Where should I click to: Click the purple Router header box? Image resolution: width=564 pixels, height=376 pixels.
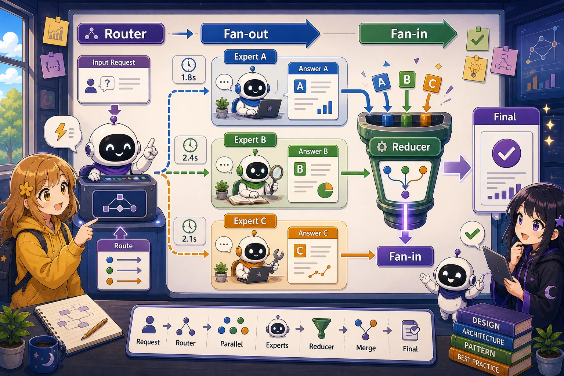(121, 34)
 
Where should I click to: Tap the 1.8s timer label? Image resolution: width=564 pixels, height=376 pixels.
(189, 77)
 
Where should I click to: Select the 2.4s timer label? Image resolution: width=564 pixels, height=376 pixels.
(190, 158)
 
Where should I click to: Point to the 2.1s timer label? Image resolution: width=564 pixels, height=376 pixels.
(189, 239)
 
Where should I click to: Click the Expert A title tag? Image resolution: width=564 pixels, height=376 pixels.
(250, 57)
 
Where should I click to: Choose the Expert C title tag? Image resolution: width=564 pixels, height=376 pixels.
(250, 221)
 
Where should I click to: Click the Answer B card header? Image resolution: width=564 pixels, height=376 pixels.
(313, 151)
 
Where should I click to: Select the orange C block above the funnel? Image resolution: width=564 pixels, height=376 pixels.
(432, 83)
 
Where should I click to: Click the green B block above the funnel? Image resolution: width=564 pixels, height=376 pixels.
(407, 79)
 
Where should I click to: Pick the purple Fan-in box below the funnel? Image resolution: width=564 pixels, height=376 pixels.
(405, 256)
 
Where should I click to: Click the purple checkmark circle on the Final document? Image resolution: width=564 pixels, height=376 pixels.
(506, 153)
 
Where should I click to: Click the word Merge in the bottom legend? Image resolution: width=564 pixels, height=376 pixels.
(366, 348)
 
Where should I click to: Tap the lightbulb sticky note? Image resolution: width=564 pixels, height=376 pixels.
(475, 69)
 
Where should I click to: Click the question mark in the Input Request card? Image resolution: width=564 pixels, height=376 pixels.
(108, 83)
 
